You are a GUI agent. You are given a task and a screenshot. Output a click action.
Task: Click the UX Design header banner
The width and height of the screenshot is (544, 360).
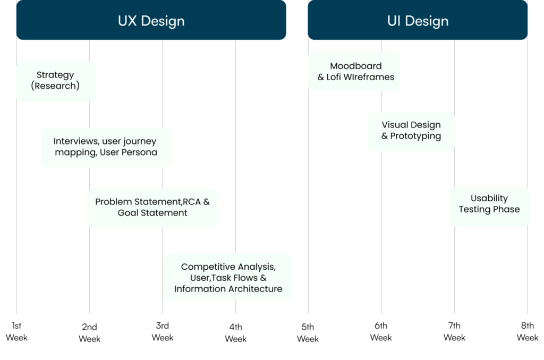(x=151, y=21)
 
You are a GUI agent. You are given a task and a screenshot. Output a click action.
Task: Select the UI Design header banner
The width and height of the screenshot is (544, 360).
(x=418, y=21)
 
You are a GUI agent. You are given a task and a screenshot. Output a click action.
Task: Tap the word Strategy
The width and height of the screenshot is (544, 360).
(x=55, y=75)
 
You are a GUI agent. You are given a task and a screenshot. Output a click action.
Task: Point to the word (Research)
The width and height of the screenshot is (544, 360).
(x=55, y=85)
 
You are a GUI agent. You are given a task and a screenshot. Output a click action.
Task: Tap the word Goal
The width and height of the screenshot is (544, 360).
(x=128, y=213)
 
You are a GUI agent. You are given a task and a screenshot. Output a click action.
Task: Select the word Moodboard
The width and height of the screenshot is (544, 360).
(x=356, y=66)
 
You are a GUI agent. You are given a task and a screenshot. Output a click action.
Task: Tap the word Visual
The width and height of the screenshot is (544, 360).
(x=395, y=125)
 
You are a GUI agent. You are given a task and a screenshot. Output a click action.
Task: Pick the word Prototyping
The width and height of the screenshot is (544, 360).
(x=415, y=136)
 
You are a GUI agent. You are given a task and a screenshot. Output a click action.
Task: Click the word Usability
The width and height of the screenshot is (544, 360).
(x=489, y=198)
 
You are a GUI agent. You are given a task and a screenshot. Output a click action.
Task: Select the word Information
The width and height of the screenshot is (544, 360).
(x=200, y=289)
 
